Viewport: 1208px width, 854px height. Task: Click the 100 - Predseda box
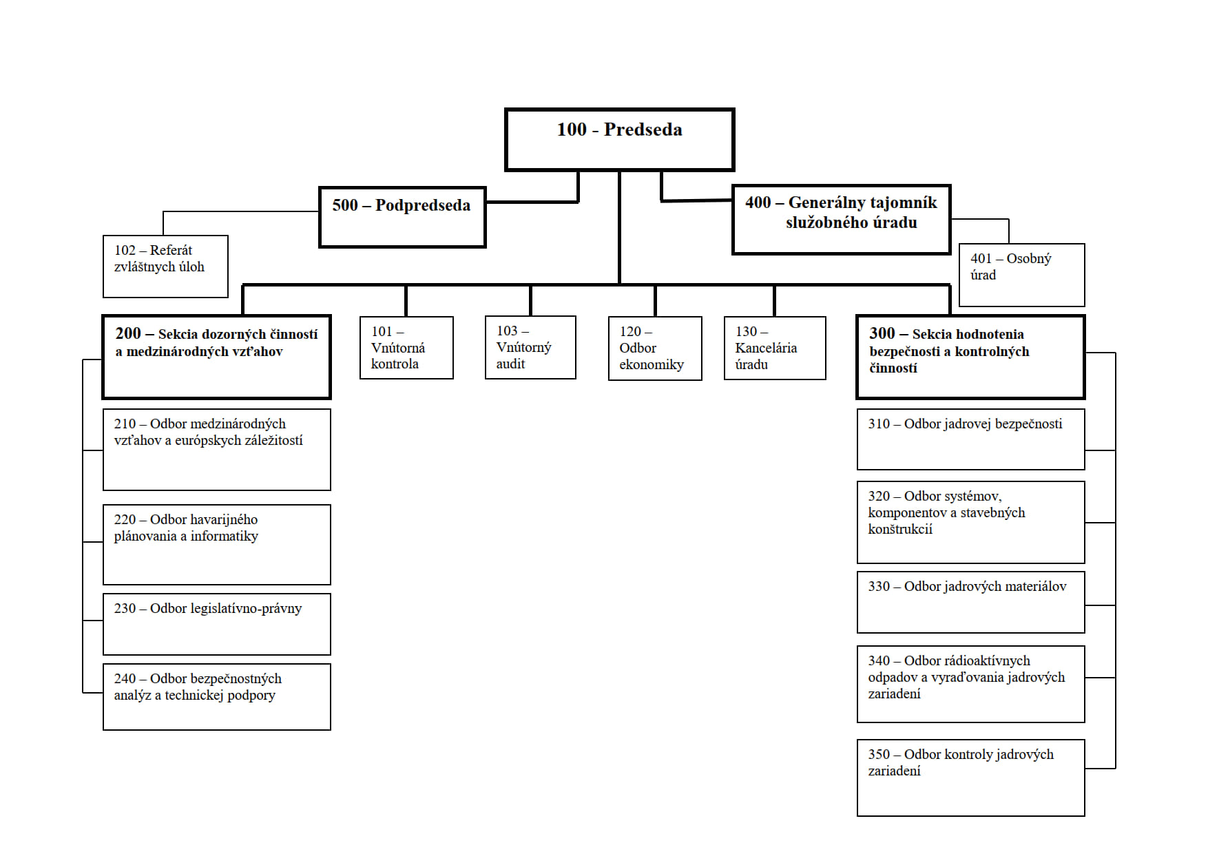[620, 140]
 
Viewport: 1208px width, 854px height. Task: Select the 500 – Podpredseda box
[402, 217]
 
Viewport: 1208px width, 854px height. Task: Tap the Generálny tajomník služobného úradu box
[842, 220]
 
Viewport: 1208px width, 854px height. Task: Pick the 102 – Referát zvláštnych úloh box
[165, 267]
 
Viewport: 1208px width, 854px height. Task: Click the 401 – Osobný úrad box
[1022, 275]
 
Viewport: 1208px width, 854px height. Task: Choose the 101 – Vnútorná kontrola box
[406, 348]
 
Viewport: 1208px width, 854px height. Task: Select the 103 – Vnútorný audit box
[530, 347]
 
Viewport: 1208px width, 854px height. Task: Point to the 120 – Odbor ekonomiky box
[655, 348]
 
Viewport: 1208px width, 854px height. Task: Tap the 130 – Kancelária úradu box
[775, 348]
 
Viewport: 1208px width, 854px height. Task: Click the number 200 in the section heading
[128, 333]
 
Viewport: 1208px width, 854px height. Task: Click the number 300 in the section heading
[882, 333]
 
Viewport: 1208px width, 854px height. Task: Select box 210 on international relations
[217, 450]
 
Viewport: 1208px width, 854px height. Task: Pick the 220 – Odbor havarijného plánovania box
[217, 545]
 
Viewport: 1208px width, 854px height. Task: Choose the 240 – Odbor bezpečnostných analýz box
[217, 697]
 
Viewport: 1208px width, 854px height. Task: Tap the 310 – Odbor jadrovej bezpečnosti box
[971, 439]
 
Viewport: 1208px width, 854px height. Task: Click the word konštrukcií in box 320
[900, 530]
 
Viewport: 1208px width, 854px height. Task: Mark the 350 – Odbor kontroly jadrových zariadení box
[971, 778]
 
